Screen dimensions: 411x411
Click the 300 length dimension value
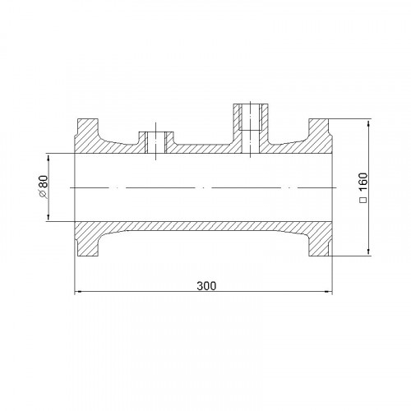click(x=206, y=286)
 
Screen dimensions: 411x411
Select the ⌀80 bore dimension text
click(x=44, y=187)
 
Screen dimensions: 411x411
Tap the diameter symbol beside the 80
click(x=44, y=194)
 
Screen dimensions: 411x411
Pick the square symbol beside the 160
click(x=363, y=200)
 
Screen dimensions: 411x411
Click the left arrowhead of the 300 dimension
click(x=78, y=292)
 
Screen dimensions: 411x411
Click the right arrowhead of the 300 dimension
click(x=329, y=292)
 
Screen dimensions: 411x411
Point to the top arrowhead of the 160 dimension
click(x=368, y=122)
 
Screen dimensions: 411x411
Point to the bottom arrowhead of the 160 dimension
click(x=368, y=252)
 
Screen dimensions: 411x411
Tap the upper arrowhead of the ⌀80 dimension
click(x=48, y=157)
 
